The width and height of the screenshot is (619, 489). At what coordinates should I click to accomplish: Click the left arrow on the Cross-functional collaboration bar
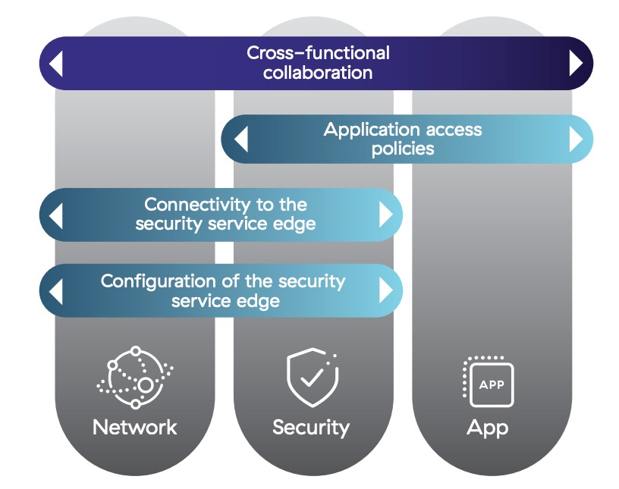point(55,64)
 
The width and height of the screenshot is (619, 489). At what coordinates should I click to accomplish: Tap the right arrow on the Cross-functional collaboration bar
point(576,64)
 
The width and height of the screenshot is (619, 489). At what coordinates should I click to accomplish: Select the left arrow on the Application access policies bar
point(240,139)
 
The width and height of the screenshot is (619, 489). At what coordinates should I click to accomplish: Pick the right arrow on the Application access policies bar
point(576,139)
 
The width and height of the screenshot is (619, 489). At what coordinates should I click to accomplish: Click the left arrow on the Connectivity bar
point(55,215)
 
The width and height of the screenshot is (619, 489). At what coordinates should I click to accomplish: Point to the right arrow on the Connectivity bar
point(386,215)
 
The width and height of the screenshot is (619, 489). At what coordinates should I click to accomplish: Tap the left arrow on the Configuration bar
point(55,290)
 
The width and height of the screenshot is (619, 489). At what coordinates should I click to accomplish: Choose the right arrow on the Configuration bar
point(386,290)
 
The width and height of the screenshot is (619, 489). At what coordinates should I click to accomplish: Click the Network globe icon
point(134,377)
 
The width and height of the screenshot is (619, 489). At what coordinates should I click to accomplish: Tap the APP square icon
point(487,380)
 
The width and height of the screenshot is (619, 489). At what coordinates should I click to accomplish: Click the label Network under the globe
point(134,427)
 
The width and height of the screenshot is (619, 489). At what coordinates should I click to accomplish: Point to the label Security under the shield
point(311,427)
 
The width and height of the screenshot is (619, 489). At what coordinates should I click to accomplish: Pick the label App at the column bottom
point(487,428)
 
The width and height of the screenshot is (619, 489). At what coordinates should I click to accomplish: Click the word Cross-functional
point(318,53)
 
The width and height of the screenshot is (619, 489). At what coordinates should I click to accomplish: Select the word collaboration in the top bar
point(318,73)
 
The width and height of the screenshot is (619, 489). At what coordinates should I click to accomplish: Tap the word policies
point(403,149)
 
